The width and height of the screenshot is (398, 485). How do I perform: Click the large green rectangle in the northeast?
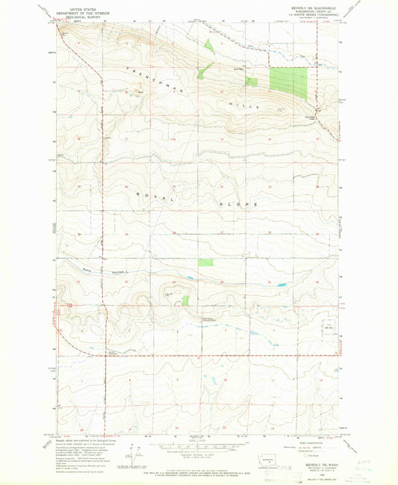288,83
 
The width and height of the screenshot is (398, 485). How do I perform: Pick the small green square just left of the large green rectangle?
252,81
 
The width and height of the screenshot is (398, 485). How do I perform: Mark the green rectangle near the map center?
205,262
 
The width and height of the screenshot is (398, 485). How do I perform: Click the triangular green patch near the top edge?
208,45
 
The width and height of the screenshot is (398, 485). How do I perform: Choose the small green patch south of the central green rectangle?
185,300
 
